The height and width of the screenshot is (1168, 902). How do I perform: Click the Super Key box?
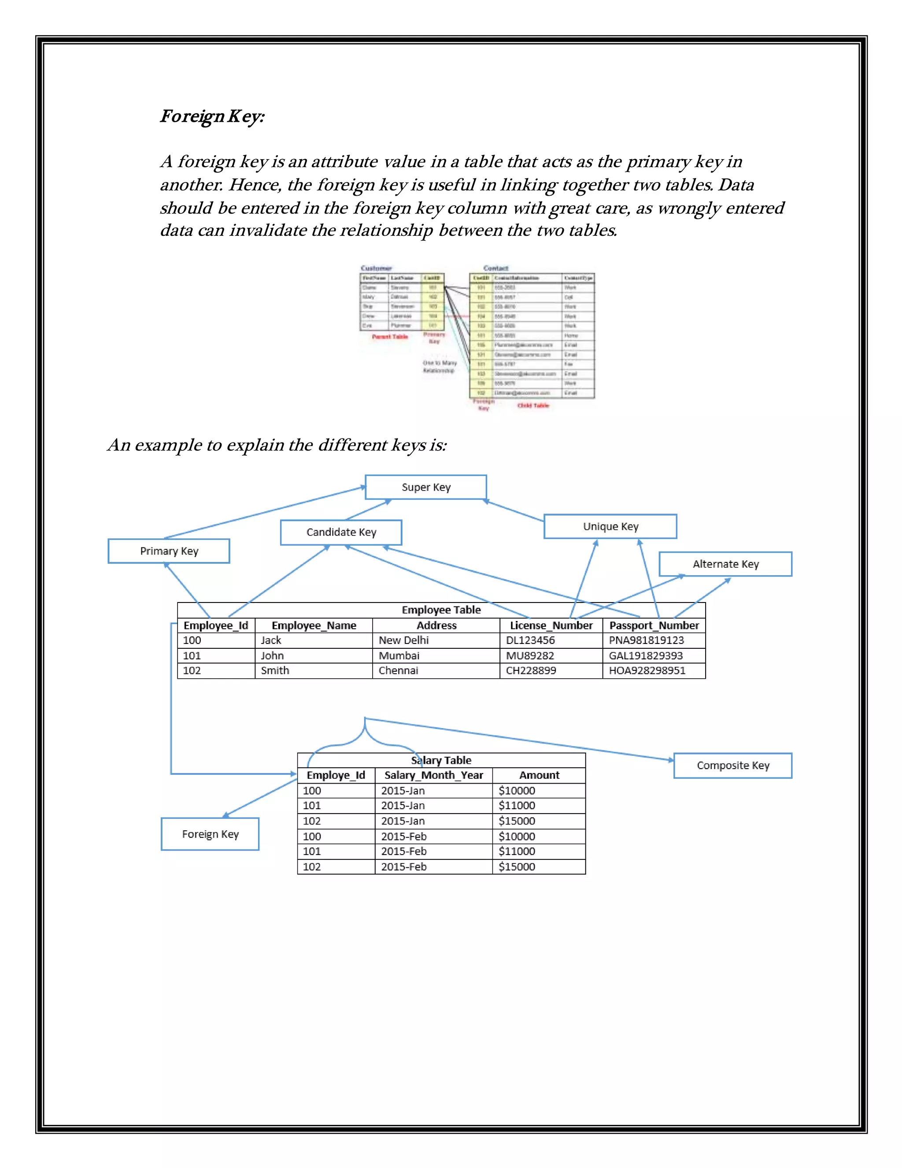426,487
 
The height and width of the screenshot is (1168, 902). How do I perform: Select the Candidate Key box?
341,532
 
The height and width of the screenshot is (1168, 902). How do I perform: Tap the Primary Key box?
169,551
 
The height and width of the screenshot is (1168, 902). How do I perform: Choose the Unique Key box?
610,526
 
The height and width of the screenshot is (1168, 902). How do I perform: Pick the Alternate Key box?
725,564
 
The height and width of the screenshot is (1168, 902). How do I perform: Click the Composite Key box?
732,765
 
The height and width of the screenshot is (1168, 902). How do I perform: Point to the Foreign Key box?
210,834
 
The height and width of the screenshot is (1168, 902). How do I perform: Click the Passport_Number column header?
654,625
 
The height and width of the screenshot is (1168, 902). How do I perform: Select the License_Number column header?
551,625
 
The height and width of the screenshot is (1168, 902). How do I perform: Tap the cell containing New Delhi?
403,640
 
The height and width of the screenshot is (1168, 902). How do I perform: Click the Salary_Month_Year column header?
433,775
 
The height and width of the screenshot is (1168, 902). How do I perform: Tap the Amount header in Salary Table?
539,775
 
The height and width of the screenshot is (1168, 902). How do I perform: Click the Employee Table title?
441,610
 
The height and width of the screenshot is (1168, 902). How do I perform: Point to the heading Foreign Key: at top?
212,116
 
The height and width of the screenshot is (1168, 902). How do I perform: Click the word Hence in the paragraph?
255,185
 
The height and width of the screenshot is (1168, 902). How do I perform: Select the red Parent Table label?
389,337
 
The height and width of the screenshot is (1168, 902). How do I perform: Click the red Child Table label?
533,405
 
